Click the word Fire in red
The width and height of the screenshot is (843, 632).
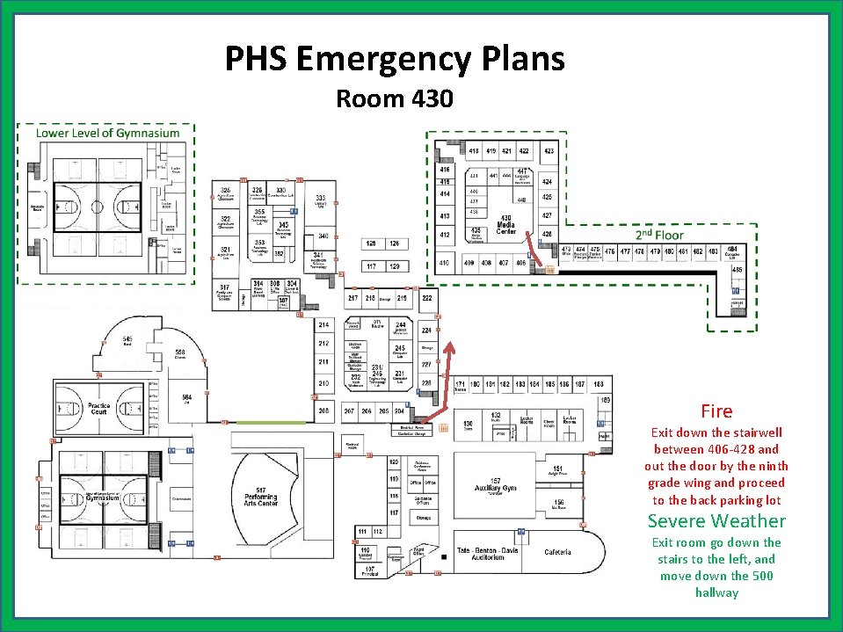tap(716, 410)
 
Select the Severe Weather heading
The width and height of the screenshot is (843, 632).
tap(716, 521)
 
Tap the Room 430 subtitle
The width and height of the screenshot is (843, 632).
tap(394, 98)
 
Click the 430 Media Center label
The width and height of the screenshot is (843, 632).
tap(506, 224)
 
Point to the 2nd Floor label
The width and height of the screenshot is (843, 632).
tap(659, 235)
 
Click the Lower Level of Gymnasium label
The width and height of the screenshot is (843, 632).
tap(107, 133)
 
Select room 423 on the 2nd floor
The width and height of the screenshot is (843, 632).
tap(549, 151)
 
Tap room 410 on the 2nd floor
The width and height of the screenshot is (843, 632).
tap(445, 262)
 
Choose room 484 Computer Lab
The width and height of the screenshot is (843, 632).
tap(731, 252)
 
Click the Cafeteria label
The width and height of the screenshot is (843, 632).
tap(558, 552)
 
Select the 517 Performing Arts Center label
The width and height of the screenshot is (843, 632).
tap(261, 497)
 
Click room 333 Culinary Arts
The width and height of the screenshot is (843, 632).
tap(322, 201)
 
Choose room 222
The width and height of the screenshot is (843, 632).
tap(427, 298)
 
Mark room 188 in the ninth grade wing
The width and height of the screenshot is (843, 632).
tap(599, 384)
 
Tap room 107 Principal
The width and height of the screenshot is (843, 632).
tap(369, 570)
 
